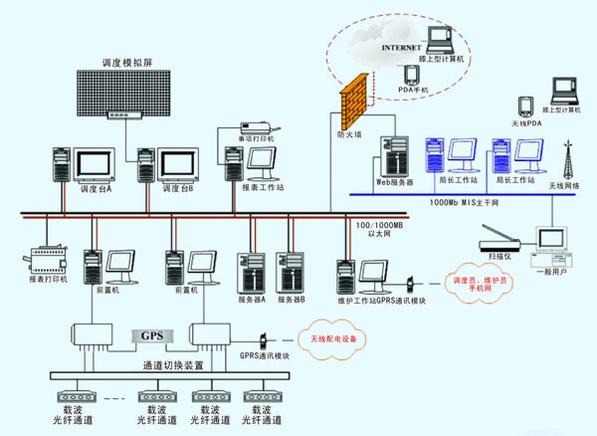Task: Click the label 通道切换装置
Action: pos(173,366)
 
